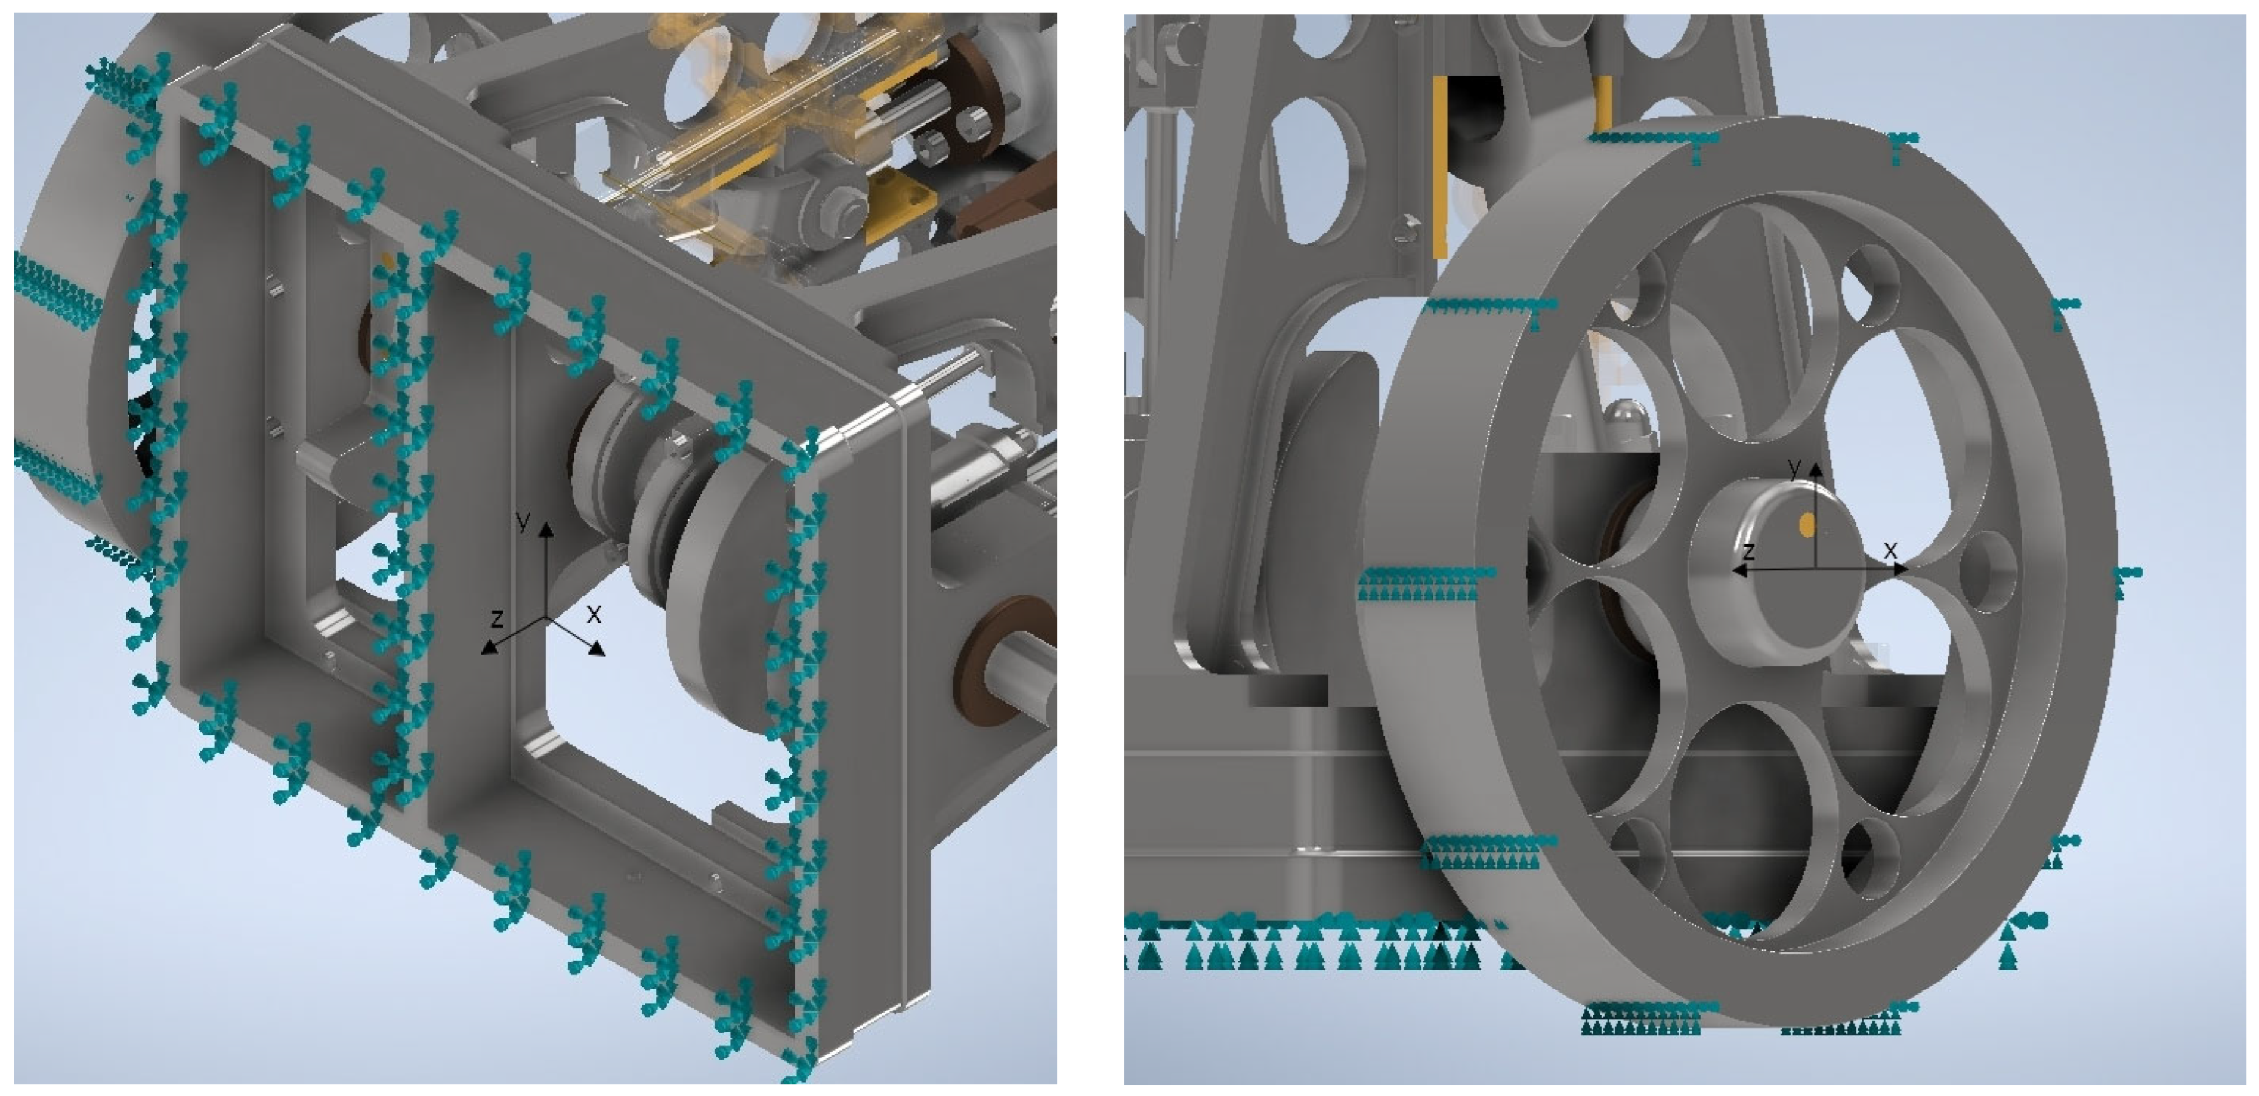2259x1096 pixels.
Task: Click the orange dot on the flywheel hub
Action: pyautogui.click(x=1806, y=524)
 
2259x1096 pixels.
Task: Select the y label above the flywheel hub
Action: pyautogui.click(x=1794, y=467)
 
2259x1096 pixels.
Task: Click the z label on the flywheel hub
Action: pyautogui.click(x=1748, y=550)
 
